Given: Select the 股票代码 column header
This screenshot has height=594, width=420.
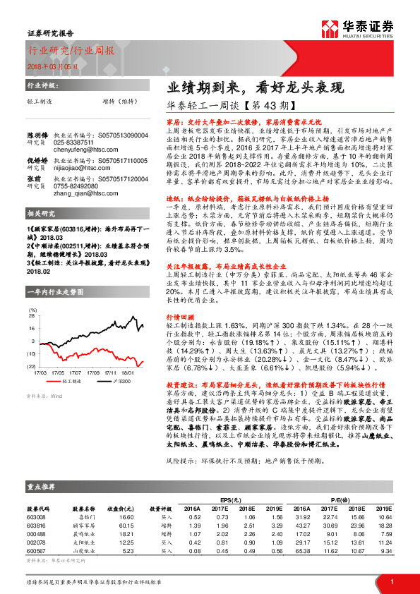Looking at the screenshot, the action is click(x=38, y=507).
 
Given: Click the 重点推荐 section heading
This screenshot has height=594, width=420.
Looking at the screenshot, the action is click(x=40, y=487).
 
